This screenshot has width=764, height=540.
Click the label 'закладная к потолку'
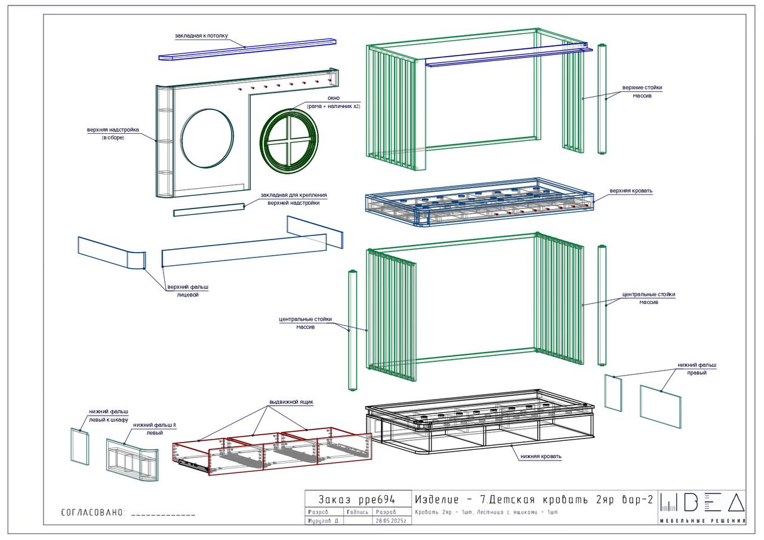201,36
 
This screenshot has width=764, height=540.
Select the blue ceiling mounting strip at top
248,50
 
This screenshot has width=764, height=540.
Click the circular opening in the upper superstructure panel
207,138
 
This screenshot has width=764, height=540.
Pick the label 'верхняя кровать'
631,191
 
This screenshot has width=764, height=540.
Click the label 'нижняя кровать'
541,456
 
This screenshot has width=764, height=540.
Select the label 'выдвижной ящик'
291,402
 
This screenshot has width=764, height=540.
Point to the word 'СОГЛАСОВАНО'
93,513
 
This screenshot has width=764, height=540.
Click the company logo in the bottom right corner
703,507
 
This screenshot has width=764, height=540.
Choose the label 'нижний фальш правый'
697,369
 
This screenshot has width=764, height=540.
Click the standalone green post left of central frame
352,330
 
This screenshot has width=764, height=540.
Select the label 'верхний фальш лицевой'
187,291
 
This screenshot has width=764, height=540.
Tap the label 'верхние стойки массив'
642,91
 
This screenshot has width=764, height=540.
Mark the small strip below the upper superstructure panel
209,209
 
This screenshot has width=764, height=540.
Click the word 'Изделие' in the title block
438,500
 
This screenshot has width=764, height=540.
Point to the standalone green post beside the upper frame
602,99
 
